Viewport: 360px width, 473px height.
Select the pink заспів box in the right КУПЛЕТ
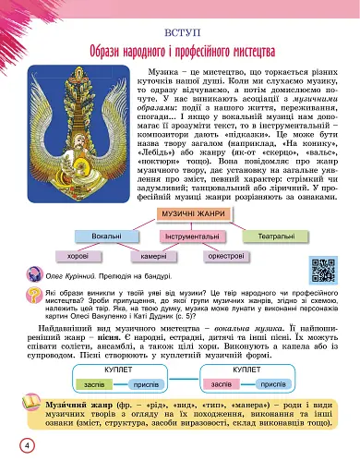(222, 382)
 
